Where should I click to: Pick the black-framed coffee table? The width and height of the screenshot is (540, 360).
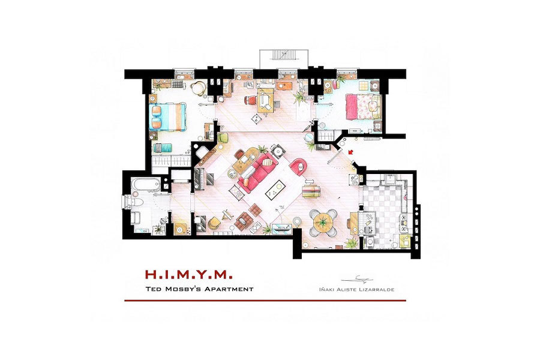click(x=276, y=190)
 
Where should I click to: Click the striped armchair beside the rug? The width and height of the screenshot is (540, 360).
click(x=312, y=191)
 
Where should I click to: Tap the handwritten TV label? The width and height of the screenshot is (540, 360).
click(x=281, y=207)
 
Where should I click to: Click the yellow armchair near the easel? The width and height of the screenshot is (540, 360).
click(x=214, y=223)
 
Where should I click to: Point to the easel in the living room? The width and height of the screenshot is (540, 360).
click(x=227, y=215)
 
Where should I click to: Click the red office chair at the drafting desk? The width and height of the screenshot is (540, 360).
click(x=250, y=100)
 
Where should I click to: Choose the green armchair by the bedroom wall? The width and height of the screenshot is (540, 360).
click(x=223, y=137)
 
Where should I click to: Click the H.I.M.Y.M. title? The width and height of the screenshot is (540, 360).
click(x=189, y=275)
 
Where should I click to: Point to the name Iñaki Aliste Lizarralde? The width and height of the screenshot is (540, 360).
click(x=357, y=290)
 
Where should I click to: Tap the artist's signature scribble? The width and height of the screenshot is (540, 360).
click(x=357, y=279)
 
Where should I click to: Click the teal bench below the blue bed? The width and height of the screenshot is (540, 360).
click(x=163, y=148)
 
